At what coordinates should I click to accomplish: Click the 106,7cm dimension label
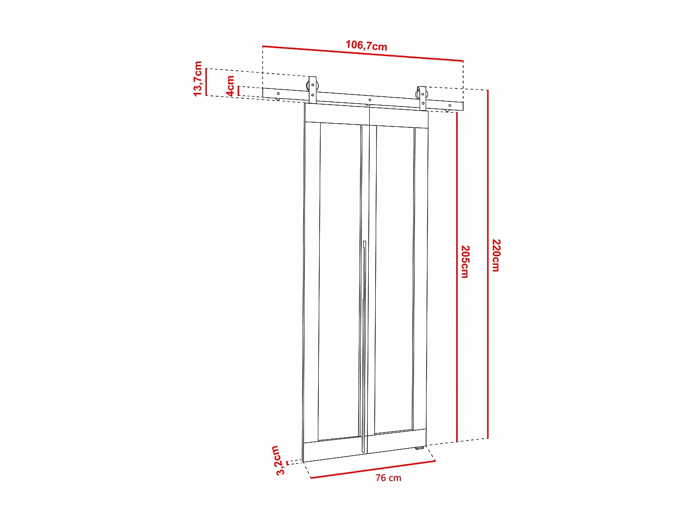[366, 45]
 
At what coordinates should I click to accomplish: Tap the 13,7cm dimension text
[198, 78]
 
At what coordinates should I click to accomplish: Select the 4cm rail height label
[230, 86]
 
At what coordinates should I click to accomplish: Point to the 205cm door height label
[465, 262]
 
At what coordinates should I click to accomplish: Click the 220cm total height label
[496, 255]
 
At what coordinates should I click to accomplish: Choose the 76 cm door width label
[388, 478]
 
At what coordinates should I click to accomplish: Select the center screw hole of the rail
[370, 100]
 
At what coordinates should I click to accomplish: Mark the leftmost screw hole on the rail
[278, 94]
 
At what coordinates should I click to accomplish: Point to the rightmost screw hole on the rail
[450, 106]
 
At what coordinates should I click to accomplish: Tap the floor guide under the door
[419, 448]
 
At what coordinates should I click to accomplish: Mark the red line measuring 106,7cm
[363, 53]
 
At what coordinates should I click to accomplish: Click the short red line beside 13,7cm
[206, 82]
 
